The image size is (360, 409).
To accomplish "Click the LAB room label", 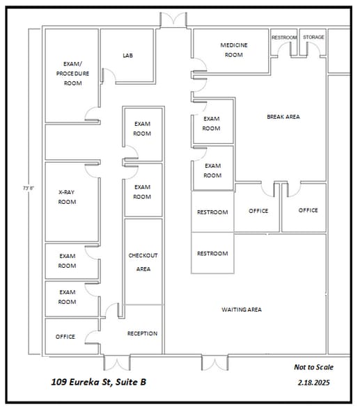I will coord(127,56).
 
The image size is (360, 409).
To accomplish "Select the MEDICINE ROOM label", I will coord(233,50).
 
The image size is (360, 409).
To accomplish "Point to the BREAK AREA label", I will coord(283,117).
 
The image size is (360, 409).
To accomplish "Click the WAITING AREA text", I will coord(241,310).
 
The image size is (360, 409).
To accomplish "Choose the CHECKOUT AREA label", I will coord(143,262).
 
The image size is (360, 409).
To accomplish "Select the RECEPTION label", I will coord(142,334).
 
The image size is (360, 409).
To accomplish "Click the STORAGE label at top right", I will coord(313,38).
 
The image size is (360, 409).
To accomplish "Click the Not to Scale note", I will coord(313,367).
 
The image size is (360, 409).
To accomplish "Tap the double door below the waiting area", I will coord(214,362).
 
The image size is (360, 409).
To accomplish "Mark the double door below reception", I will coord(116,362).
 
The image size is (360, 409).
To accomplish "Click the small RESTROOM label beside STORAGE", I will coord(283,38).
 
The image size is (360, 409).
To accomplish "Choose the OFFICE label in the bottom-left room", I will coord(65,337).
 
